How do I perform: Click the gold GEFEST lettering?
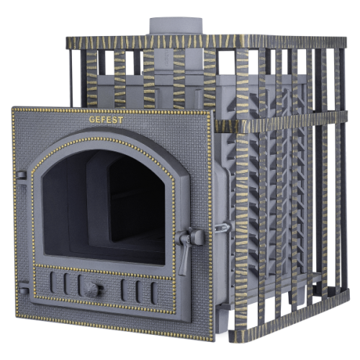pos(106,120)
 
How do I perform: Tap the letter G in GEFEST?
pos(92,120)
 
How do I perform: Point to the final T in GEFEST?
pos(120,120)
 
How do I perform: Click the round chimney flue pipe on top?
pos(176,26)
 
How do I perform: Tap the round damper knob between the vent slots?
pos(91,289)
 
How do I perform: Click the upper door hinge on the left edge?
pos(21,175)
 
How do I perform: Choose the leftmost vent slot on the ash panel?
pos(53,282)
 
